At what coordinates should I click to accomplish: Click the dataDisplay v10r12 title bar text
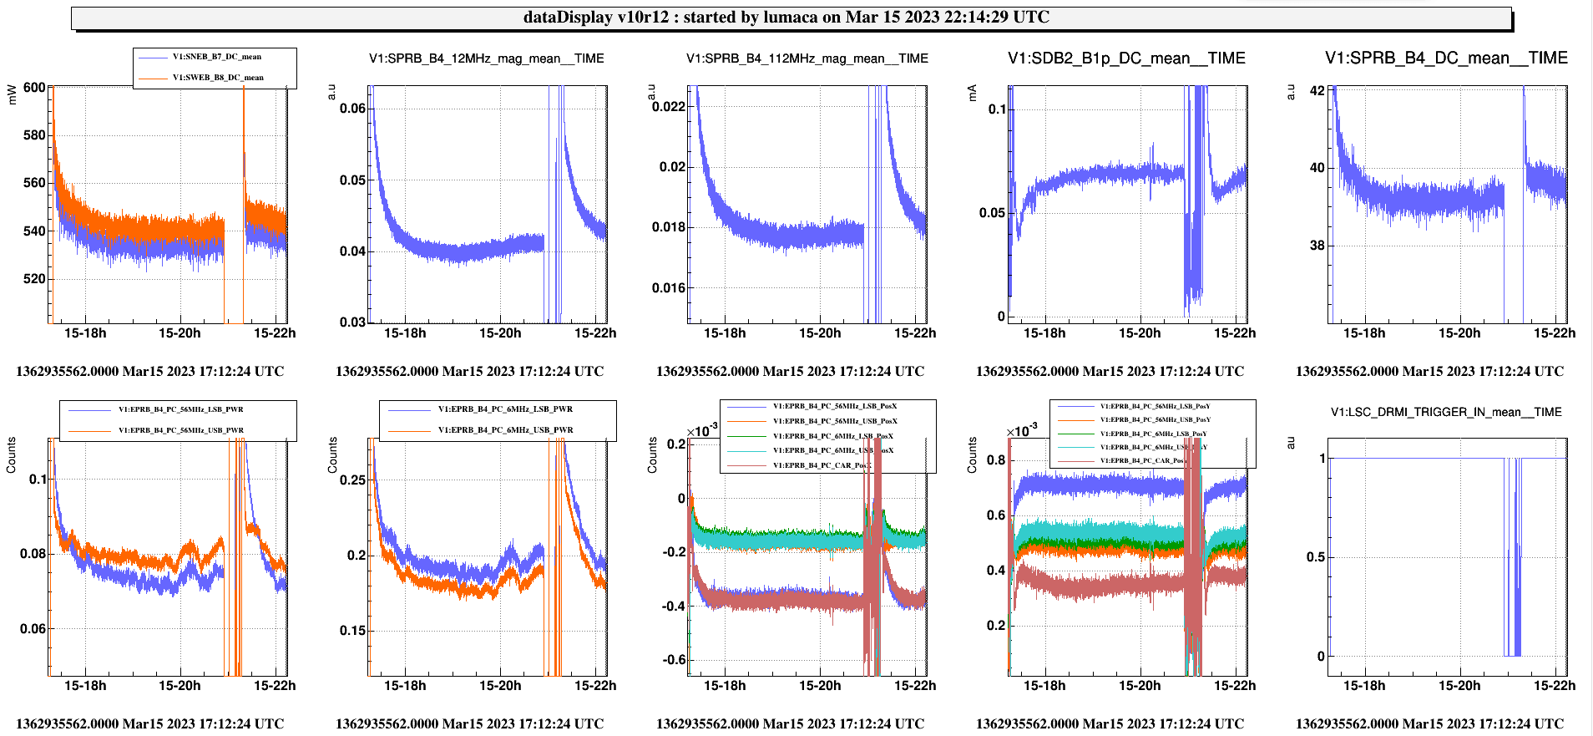pos(786,18)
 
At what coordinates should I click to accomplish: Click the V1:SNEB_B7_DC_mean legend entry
pos(216,57)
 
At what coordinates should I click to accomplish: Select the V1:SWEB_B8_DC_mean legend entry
pos(217,78)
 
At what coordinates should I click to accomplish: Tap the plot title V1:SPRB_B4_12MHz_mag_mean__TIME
pos(487,58)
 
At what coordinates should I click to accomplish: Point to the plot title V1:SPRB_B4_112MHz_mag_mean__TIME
pos(807,58)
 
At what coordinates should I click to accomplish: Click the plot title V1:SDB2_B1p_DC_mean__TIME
pos(1126,58)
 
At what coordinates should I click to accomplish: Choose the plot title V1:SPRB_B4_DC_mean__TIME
pos(1446,58)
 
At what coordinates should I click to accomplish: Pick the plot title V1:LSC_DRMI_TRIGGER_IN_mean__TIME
pos(1446,412)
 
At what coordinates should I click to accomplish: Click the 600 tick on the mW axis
pos(34,88)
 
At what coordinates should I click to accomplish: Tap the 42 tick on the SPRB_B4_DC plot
pos(1317,90)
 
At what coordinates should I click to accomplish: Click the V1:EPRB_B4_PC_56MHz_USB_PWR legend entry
pos(180,430)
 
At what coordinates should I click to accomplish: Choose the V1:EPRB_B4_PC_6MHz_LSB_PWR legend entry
pos(505,409)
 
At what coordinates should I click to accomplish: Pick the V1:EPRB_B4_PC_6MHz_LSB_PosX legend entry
pos(832,436)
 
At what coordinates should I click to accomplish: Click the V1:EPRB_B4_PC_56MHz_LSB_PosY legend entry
pos(1155,406)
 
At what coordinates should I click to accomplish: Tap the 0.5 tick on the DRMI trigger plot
pos(1315,557)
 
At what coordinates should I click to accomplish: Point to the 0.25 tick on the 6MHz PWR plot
pos(353,480)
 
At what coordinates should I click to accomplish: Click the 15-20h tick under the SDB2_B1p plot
pos(1139,333)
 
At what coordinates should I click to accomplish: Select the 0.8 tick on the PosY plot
pos(996,460)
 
